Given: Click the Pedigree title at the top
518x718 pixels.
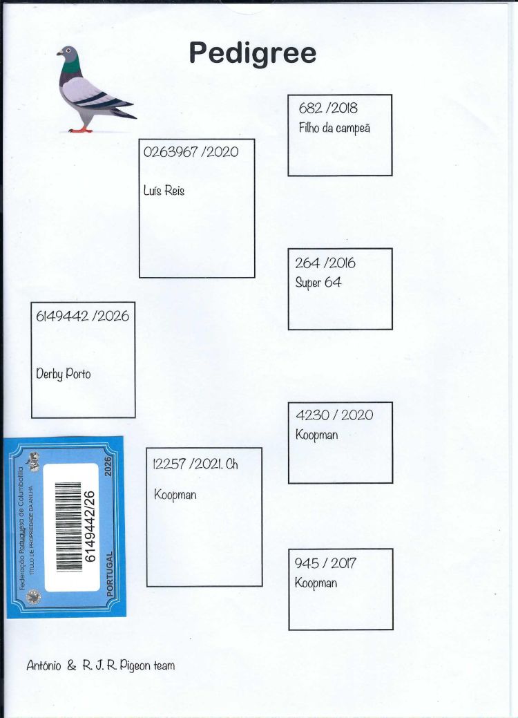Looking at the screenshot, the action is [x=253, y=54].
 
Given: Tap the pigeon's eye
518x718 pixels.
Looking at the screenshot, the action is [x=68, y=50].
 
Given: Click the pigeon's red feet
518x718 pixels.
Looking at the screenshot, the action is [x=81, y=131].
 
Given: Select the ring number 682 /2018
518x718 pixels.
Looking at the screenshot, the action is [x=328, y=108].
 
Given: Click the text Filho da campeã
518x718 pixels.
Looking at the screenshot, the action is [x=334, y=128].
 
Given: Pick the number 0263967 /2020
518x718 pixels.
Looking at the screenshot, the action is [x=191, y=152].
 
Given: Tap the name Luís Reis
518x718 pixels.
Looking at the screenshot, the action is [x=164, y=190].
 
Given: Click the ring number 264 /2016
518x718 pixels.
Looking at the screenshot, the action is [x=325, y=263].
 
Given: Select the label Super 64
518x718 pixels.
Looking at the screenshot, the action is [x=318, y=283].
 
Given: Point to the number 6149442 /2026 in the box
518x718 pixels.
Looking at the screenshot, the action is [x=82, y=316].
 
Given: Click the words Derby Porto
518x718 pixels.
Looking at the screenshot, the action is [x=63, y=374].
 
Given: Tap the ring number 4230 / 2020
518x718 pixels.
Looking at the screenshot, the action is [x=334, y=415].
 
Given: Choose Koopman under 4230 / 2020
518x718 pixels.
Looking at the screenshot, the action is [x=316, y=435].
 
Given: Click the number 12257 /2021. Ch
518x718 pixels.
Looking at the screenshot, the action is [x=195, y=464].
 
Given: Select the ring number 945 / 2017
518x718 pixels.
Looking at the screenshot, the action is [x=325, y=563].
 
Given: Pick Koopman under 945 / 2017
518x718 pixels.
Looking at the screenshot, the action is [x=316, y=583].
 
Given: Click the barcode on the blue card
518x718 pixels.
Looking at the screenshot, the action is [x=68, y=527].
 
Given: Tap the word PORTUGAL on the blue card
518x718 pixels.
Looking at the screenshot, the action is [x=110, y=574].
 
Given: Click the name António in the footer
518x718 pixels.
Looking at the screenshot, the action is [x=44, y=665].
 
